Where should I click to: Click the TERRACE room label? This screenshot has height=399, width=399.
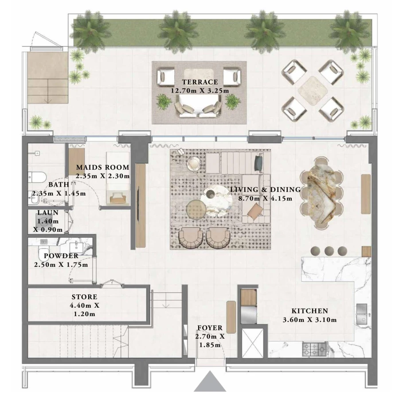(x=199, y=82)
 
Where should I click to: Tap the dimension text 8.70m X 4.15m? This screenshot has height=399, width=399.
(x=265, y=198)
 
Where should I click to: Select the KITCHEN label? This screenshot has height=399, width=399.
(x=309, y=311)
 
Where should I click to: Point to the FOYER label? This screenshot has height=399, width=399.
(x=210, y=328)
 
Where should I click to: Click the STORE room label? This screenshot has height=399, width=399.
(x=84, y=297)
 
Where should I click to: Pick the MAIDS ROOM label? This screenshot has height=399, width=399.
(x=102, y=168)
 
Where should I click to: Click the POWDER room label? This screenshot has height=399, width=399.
(x=61, y=256)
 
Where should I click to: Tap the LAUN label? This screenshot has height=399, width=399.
(x=48, y=213)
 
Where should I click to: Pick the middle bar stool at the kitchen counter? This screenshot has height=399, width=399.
(x=329, y=250)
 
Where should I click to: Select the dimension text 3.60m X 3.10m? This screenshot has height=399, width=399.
(x=309, y=320)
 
